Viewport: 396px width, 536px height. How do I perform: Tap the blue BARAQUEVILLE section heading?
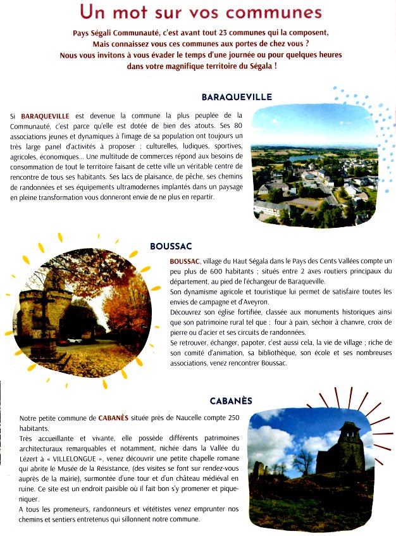pos(237,97)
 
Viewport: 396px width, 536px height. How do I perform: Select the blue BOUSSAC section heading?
pos(171,246)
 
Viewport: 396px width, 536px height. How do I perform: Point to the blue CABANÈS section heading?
pos(231,401)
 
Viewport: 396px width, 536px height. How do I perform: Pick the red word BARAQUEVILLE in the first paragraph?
pos(45,116)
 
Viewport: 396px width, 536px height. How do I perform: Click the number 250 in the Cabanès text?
pos(233,418)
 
